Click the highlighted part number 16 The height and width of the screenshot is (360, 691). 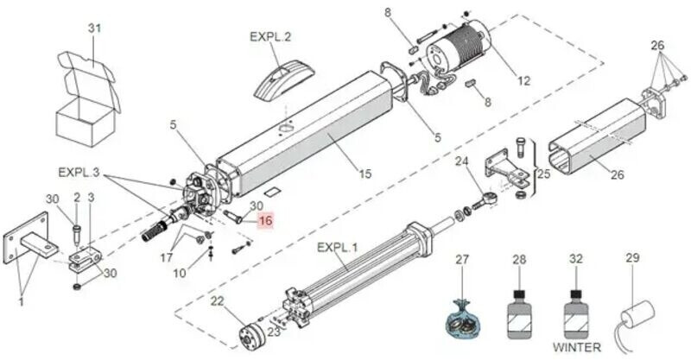click(x=265, y=220)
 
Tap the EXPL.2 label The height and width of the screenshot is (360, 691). click(x=270, y=36)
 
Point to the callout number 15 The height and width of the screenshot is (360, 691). click(x=365, y=174)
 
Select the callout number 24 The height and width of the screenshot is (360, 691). click(x=462, y=161)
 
